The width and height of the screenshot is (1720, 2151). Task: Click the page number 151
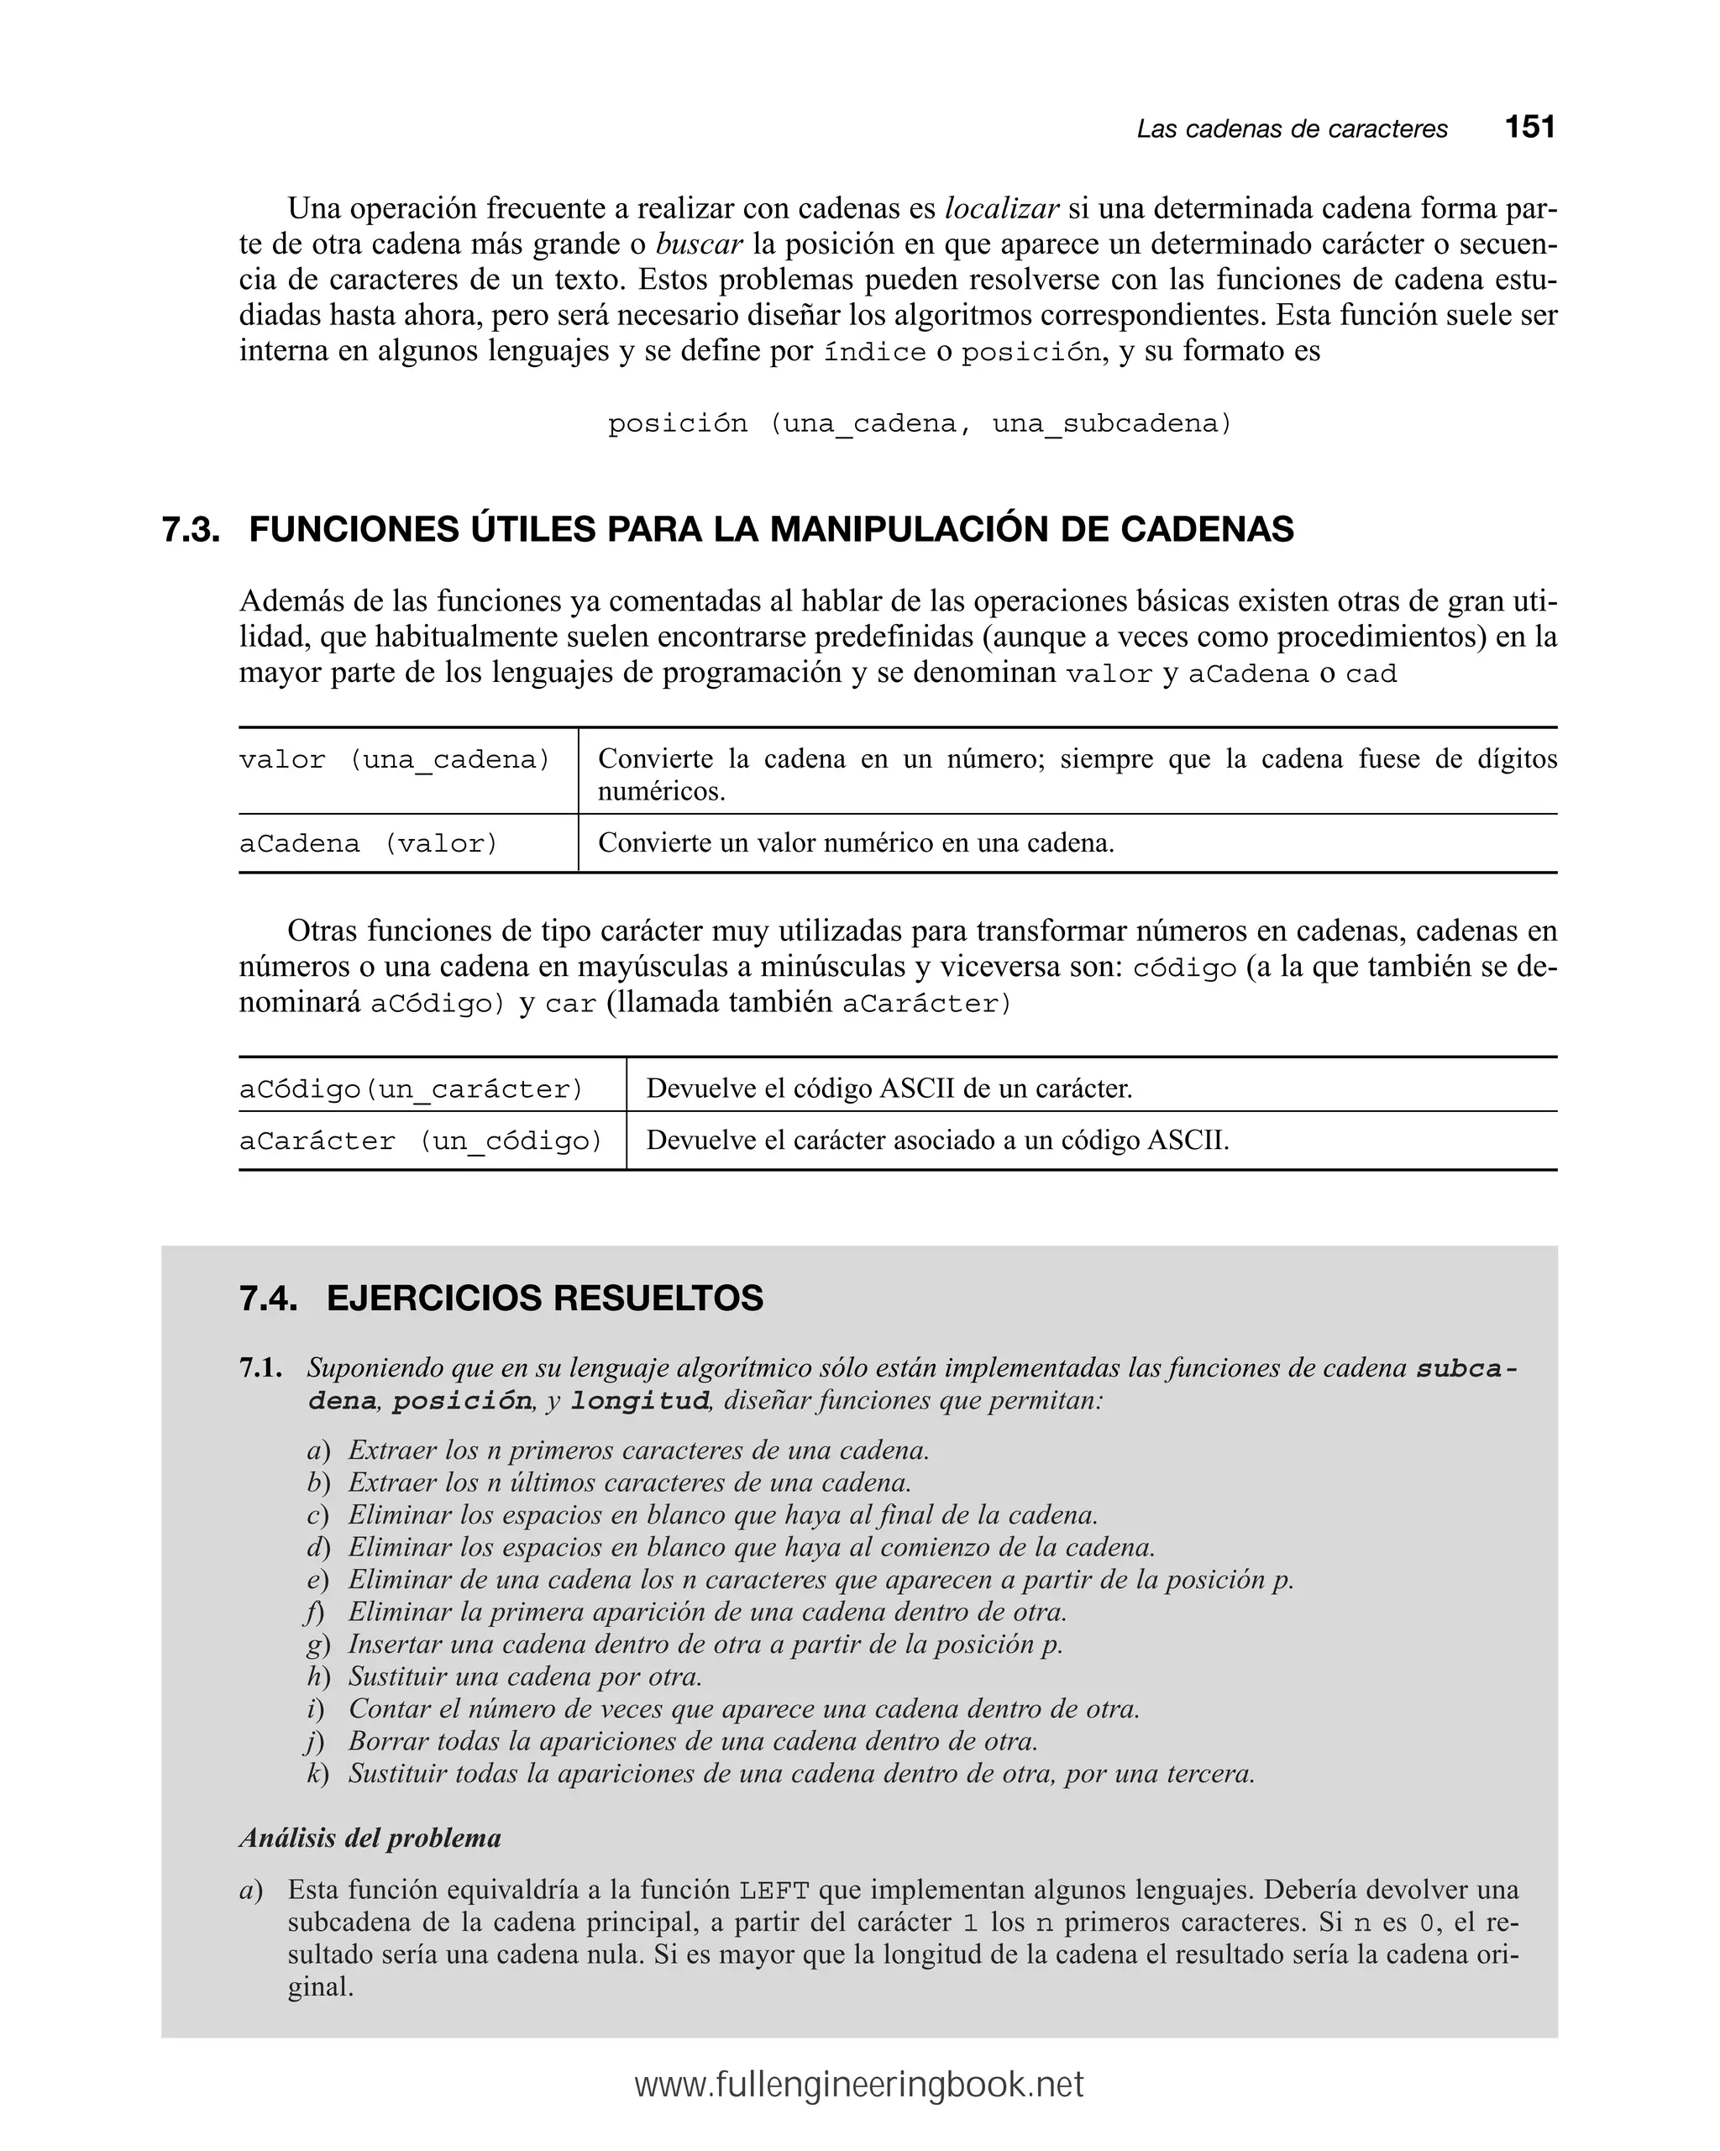point(1529,127)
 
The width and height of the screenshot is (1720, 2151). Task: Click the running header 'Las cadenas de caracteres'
point(1291,129)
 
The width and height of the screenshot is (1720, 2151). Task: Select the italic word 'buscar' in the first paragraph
point(700,244)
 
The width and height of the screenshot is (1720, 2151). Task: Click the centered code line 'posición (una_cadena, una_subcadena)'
point(920,424)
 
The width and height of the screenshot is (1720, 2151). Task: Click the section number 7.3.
point(191,530)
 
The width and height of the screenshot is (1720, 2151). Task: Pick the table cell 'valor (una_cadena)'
point(395,760)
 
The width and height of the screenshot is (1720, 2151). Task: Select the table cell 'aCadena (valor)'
point(368,844)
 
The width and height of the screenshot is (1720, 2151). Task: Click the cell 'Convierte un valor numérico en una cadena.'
point(856,844)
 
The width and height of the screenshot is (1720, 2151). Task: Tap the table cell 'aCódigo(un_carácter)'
point(411,1089)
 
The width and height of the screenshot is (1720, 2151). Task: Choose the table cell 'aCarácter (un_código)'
point(421,1141)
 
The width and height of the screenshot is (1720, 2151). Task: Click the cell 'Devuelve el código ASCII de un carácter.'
point(889,1089)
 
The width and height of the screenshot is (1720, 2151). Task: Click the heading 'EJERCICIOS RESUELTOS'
point(545,1299)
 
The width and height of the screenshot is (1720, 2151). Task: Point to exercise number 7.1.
point(260,1369)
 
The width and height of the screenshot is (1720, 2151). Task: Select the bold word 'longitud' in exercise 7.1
point(638,1402)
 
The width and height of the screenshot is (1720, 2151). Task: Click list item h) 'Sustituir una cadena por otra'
point(525,1677)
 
